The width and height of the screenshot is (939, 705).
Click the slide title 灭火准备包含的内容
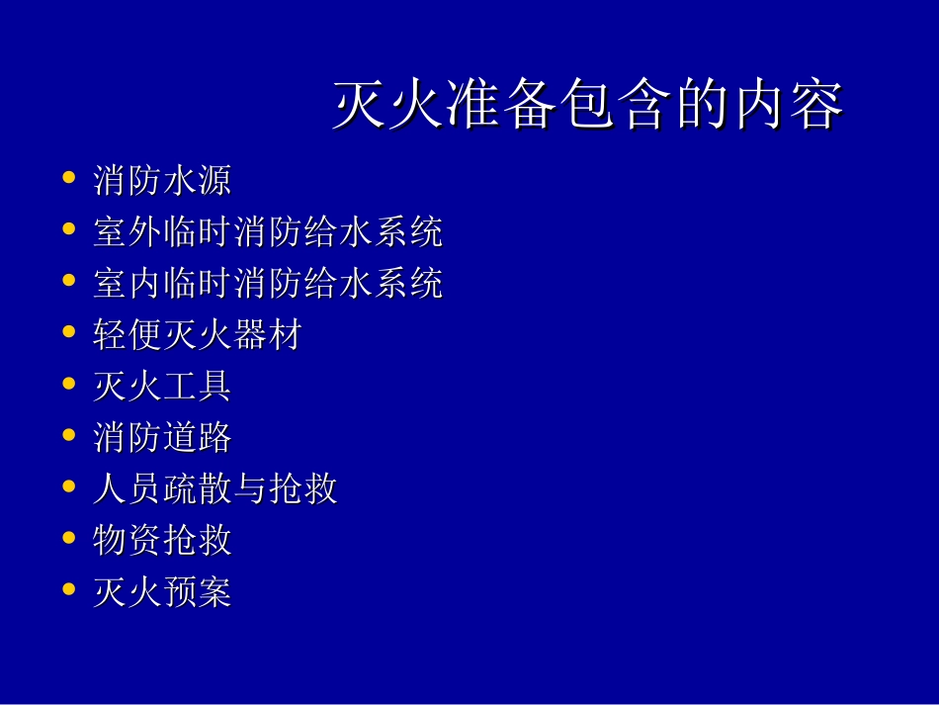tap(588, 106)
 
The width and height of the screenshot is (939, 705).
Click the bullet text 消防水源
tap(162, 181)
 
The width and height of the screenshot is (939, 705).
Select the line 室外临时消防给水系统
tap(268, 232)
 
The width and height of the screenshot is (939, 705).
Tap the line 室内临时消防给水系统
tap(268, 284)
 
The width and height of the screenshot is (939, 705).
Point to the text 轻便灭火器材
tap(197, 335)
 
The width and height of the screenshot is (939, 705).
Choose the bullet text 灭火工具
tap(162, 387)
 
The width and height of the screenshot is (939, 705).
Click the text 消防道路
tap(162, 438)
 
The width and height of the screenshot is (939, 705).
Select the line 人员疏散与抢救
tap(215, 489)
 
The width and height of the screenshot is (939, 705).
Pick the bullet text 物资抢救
tap(162, 541)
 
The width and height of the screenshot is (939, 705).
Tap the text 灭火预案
tap(162, 592)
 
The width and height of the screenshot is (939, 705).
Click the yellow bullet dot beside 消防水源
tap(68, 179)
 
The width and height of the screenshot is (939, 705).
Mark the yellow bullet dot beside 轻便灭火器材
tap(68, 333)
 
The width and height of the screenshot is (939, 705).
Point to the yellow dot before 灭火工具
tap(68, 385)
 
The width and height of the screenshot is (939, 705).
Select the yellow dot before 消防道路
tap(68, 436)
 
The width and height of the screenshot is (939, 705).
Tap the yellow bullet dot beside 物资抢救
tap(68, 539)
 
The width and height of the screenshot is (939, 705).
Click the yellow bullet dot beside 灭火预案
tap(68, 590)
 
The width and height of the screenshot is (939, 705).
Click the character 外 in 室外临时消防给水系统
tap(146, 232)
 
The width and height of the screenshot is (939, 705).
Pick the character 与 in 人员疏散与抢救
tap(251, 489)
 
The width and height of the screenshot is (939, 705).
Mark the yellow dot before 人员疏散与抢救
tap(68, 487)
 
